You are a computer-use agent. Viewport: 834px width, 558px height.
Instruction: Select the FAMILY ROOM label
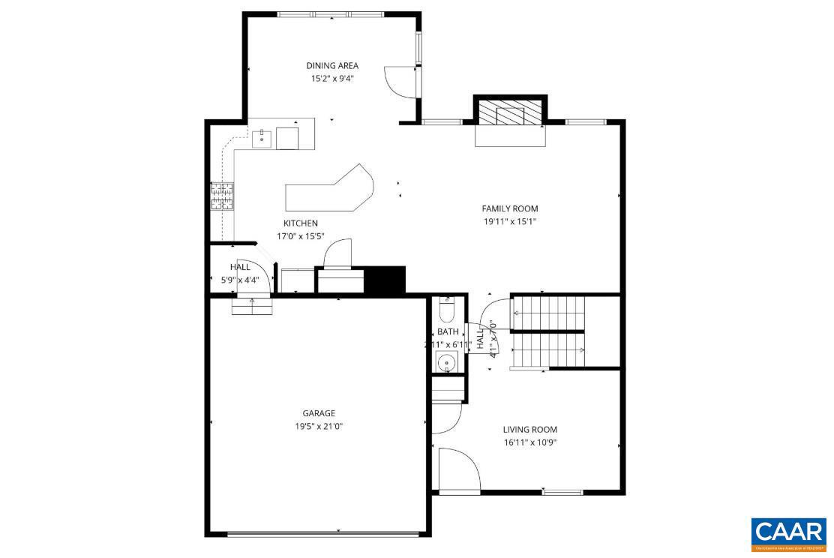click(x=510, y=208)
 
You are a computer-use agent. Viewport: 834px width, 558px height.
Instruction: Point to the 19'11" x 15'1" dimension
click(x=510, y=221)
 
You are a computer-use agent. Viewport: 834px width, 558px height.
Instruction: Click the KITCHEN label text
click(x=301, y=223)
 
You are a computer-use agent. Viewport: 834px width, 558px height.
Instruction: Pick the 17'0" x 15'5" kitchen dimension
click(x=301, y=235)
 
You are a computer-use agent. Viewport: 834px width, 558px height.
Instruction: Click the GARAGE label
click(x=319, y=413)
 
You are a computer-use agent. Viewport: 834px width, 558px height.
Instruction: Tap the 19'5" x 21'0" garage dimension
click(x=319, y=426)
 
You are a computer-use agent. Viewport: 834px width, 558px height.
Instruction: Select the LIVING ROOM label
click(x=530, y=430)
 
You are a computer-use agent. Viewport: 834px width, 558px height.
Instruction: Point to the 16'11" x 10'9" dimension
click(x=530, y=442)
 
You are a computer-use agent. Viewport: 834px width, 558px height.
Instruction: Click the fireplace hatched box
click(x=509, y=114)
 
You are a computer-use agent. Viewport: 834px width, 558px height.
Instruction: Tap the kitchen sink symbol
click(x=262, y=138)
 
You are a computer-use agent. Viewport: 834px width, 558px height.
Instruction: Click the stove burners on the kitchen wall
click(x=223, y=196)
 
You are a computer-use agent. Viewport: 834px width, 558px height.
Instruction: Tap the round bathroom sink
click(x=448, y=362)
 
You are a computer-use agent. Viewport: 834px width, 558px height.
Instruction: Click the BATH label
click(x=448, y=331)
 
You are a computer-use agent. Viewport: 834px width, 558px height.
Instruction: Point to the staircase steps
click(x=547, y=330)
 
